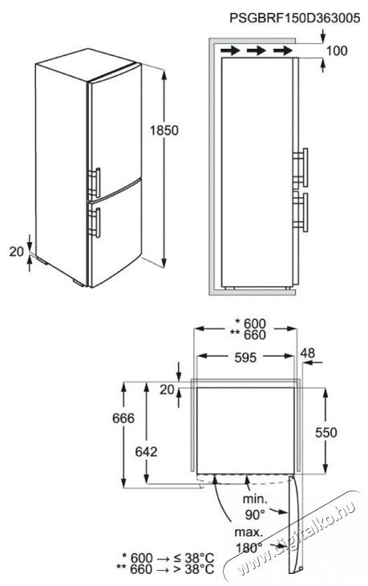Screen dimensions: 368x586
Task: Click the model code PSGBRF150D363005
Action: point(295,18)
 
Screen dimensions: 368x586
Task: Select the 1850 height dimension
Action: point(164,131)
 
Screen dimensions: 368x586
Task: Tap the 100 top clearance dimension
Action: point(337,51)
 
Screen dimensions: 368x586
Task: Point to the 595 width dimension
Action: point(245,358)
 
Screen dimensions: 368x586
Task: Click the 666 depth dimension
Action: point(123,418)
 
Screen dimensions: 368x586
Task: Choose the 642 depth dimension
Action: point(146,452)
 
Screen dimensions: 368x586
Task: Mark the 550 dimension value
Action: point(326,432)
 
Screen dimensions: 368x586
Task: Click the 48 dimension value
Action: point(308,353)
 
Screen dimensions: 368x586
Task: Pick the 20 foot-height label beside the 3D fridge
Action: point(17,252)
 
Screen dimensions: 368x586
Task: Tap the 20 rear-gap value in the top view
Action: point(167,390)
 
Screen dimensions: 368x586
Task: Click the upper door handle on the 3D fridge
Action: point(95,183)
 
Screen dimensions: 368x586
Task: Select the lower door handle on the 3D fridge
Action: point(95,223)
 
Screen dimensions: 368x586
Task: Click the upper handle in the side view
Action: point(300,168)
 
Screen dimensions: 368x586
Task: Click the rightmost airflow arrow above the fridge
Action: point(283,50)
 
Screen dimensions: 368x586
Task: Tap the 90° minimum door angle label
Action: point(255,515)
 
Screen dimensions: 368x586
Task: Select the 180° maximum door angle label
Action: point(249,548)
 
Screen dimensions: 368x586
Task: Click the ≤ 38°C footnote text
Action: point(194,559)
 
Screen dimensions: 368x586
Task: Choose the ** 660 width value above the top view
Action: point(248,335)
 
